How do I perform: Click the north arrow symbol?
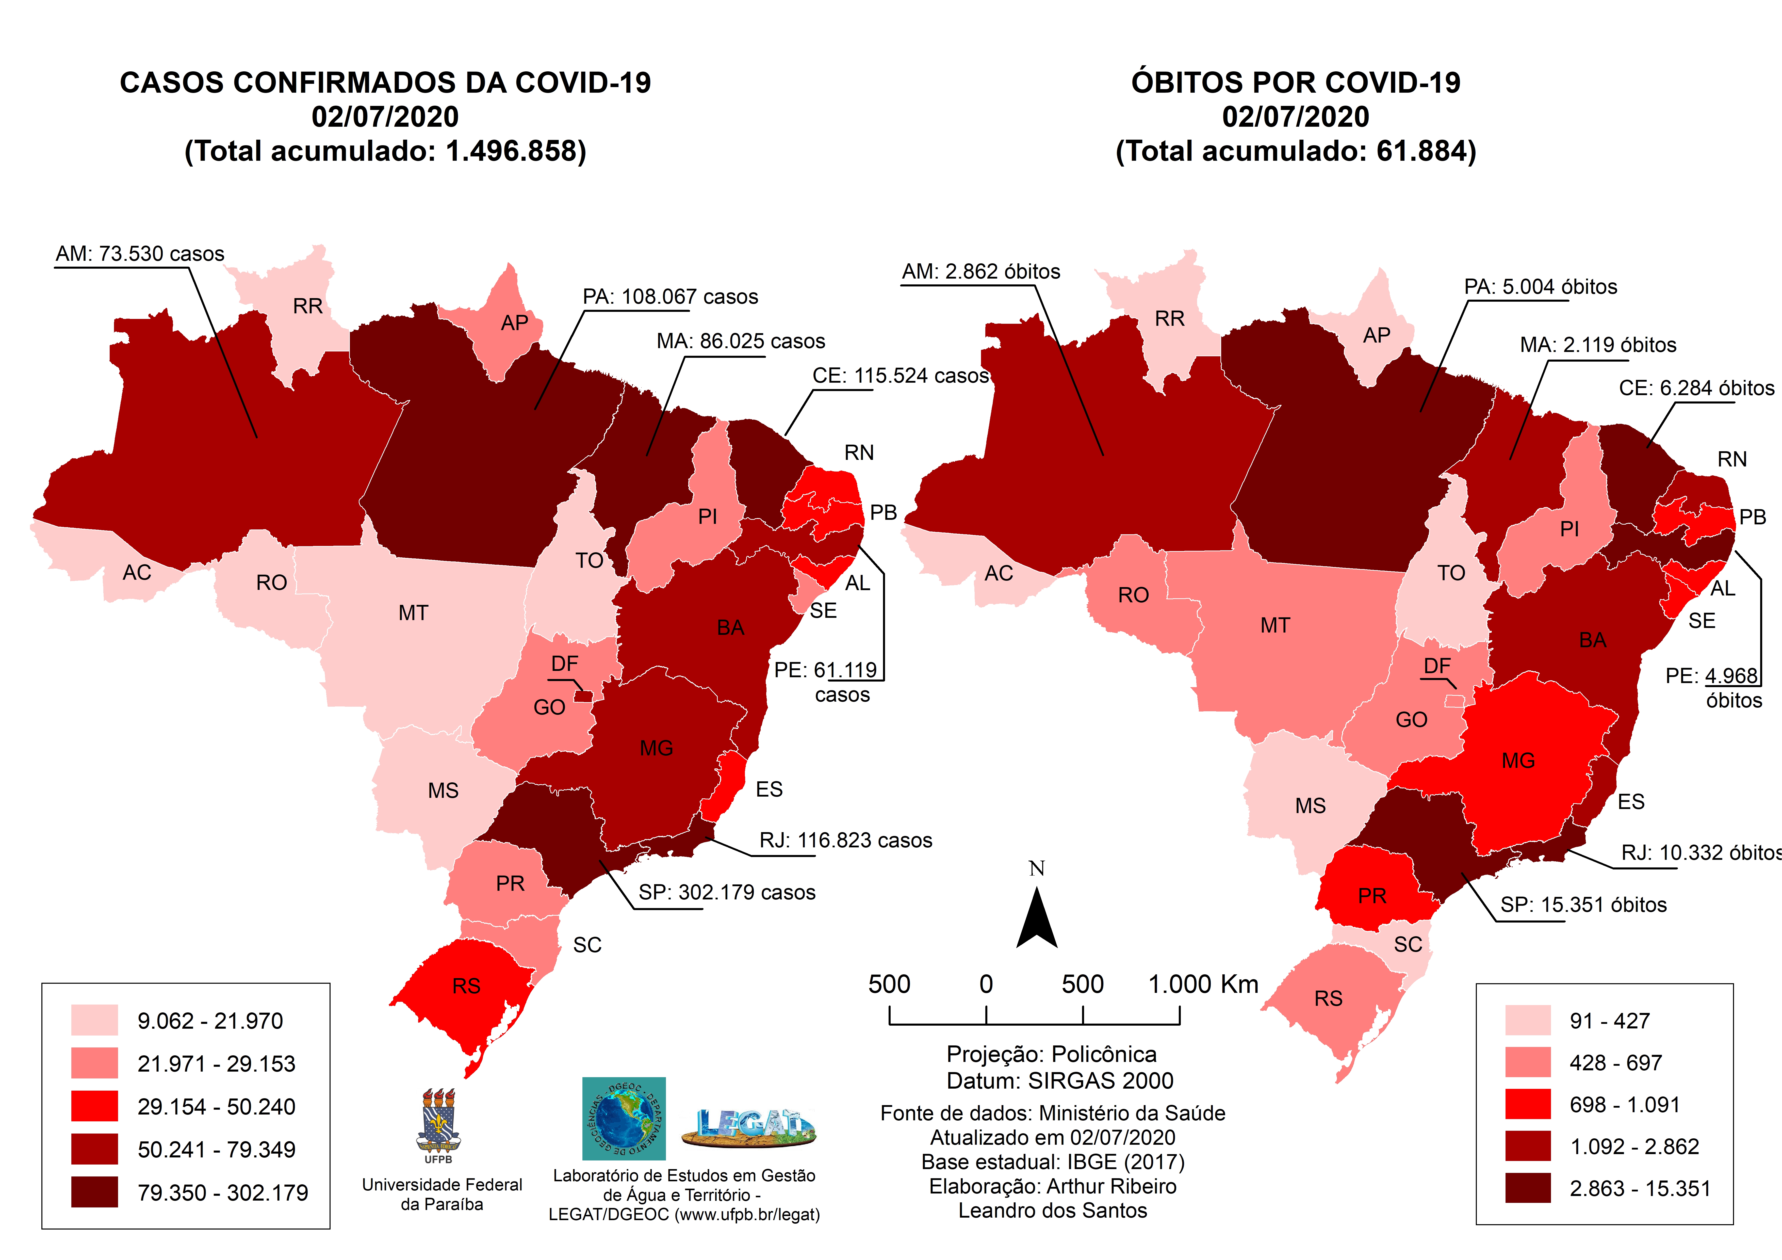pos(1037,920)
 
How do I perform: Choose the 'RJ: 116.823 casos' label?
pos(845,841)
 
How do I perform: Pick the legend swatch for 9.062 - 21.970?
pos(95,1020)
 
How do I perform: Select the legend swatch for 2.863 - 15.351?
pos(1527,1188)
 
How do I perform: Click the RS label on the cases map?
pos(466,986)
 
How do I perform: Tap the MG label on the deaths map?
pos(1518,761)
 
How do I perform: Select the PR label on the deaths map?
pos(1371,896)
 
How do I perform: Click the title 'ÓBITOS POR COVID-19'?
pos(1295,82)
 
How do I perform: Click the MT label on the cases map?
pos(413,613)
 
